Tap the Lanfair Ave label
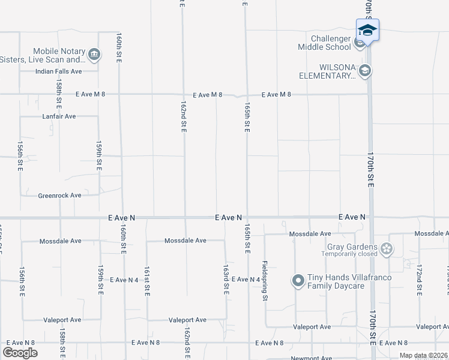pos(59,116)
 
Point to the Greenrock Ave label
pos(59,196)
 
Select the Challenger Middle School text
pos(325,42)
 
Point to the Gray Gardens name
pos(352,247)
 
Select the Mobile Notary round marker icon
pos(94,55)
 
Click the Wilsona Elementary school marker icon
pos(365,71)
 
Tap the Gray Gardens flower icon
pos(387,248)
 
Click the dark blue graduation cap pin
pos(367,30)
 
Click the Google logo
pos(20,353)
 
